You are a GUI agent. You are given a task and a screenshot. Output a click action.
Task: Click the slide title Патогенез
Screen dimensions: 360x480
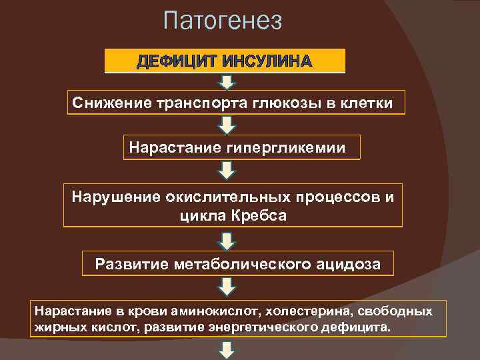tap(223, 21)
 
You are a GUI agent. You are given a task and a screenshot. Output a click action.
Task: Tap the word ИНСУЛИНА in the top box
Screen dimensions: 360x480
tap(267, 62)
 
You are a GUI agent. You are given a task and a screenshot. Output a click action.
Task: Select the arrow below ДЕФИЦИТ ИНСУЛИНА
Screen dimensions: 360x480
tap(227, 82)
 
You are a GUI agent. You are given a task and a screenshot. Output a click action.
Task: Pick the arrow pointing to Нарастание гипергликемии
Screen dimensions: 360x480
tap(227, 125)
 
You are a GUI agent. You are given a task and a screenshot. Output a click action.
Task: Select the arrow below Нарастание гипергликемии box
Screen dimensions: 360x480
tap(227, 170)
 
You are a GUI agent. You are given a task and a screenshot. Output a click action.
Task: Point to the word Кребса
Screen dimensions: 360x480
tap(259, 215)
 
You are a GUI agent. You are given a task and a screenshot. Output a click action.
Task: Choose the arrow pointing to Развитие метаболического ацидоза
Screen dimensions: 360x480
tap(227, 240)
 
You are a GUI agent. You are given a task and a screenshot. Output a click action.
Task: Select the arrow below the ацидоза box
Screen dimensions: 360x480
tap(227, 286)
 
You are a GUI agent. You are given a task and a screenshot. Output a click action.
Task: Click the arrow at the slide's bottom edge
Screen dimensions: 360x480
tap(227, 351)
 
